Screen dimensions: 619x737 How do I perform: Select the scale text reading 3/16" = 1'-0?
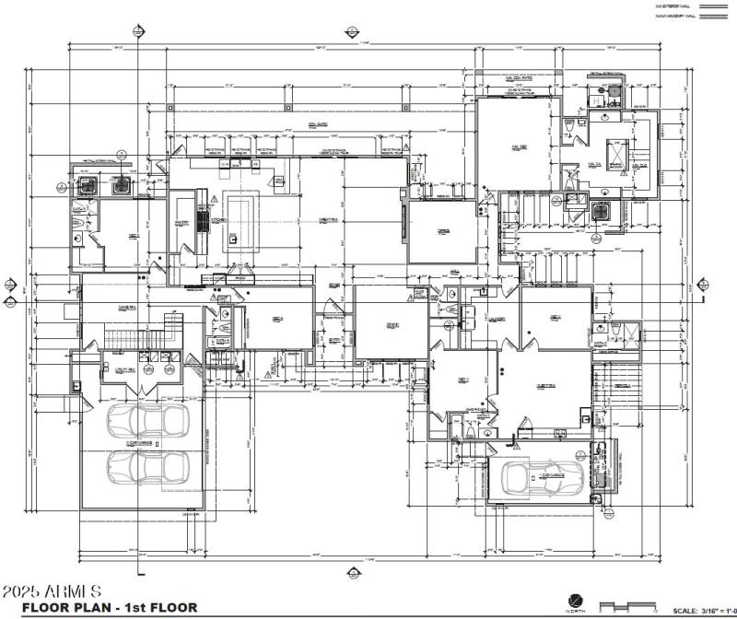705,609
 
